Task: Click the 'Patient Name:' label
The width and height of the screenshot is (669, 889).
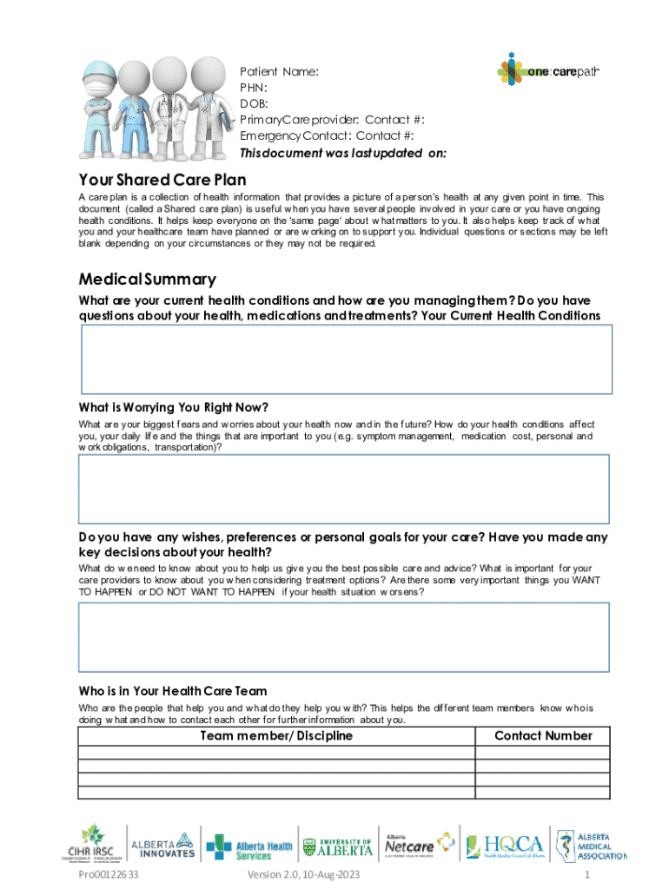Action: click(279, 72)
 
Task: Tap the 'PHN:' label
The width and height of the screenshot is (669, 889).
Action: click(253, 88)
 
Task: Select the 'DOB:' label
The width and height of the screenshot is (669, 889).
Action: click(254, 104)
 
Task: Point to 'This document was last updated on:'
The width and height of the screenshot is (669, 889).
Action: click(343, 153)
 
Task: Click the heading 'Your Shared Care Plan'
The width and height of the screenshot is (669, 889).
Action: click(162, 181)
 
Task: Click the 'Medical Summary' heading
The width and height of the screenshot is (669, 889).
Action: click(147, 280)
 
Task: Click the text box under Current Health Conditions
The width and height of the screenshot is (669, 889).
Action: click(334, 359)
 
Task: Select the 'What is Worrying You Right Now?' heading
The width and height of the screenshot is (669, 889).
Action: click(173, 407)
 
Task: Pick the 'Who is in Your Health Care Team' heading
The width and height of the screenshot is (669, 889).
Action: click(173, 691)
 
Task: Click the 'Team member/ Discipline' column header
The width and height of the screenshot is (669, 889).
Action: click(276, 736)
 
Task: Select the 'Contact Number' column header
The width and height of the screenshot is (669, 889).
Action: click(543, 736)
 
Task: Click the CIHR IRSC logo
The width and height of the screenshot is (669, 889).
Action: click(91, 843)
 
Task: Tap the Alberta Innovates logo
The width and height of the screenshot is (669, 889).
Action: click(162, 845)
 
